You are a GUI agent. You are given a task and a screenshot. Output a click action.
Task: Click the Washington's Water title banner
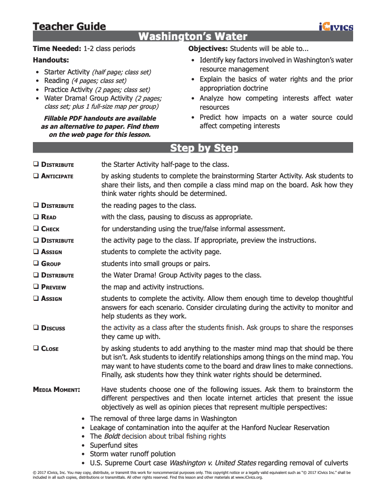pyautogui.click(x=193, y=37)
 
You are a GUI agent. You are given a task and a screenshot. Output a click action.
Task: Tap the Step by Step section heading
pyautogui.click(x=204, y=148)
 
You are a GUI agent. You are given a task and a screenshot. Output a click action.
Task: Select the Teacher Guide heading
pyautogui.click(x=70, y=26)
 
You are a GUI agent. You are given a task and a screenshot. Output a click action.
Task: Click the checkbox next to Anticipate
pyautogui.click(x=36, y=176)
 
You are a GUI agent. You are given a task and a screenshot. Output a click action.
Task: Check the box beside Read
pyautogui.click(x=36, y=217)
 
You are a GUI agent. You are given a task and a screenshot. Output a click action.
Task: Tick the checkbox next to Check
pyautogui.click(x=36, y=228)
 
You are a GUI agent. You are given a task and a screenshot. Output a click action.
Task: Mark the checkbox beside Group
pyautogui.click(x=36, y=263)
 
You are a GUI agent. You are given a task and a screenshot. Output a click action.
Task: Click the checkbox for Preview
pyautogui.click(x=36, y=287)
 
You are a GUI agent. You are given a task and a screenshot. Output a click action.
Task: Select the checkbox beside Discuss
pyautogui.click(x=36, y=328)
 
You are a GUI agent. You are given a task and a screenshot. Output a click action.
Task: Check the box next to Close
pyautogui.click(x=36, y=348)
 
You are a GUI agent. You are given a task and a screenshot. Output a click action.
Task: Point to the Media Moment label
pyautogui.click(x=56, y=390)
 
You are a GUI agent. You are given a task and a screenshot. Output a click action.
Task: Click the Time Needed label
pyautogui.click(x=57, y=49)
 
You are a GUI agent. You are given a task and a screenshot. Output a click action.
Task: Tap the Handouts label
pyautogui.click(x=51, y=60)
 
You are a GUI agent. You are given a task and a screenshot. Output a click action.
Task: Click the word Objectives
pyautogui.click(x=208, y=49)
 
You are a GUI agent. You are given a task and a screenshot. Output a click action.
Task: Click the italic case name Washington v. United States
pyautogui.click(x=213, y=463)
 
